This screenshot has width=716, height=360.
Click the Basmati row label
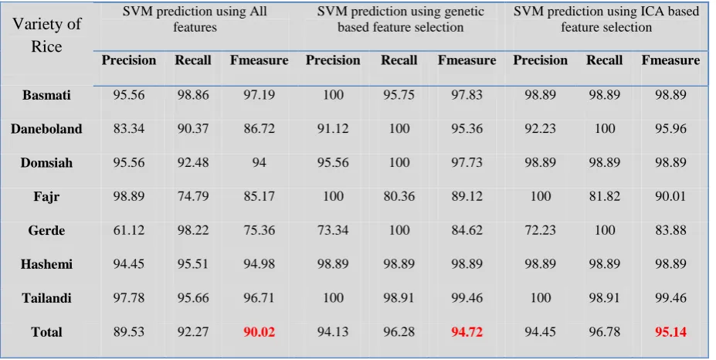tap(46, 95)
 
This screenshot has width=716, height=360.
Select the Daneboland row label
tap(46, 129)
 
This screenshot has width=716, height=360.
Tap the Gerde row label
tap(46, 230)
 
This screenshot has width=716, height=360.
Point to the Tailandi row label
tap(46, 298)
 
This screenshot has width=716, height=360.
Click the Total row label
tap(46, 331)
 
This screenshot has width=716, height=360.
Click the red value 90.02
tap(259, 331)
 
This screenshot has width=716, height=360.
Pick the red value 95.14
tap(670, 331)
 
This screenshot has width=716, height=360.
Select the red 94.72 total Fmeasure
tap(467, 331)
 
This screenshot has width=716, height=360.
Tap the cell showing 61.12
tap(129, 230)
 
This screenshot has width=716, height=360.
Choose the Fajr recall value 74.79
tap(193, 196)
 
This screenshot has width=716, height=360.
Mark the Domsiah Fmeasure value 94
tap(259, 163)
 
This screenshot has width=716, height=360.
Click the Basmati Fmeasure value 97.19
tap(259, 95)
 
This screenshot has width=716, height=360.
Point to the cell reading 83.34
tap(129, 129)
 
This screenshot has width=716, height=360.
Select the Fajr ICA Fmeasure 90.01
tap(670, 196)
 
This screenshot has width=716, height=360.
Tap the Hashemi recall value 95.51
tap(193, 264)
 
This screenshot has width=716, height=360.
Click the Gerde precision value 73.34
tap(333, 230)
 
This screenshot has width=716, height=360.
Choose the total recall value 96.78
tap(605, 331)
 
